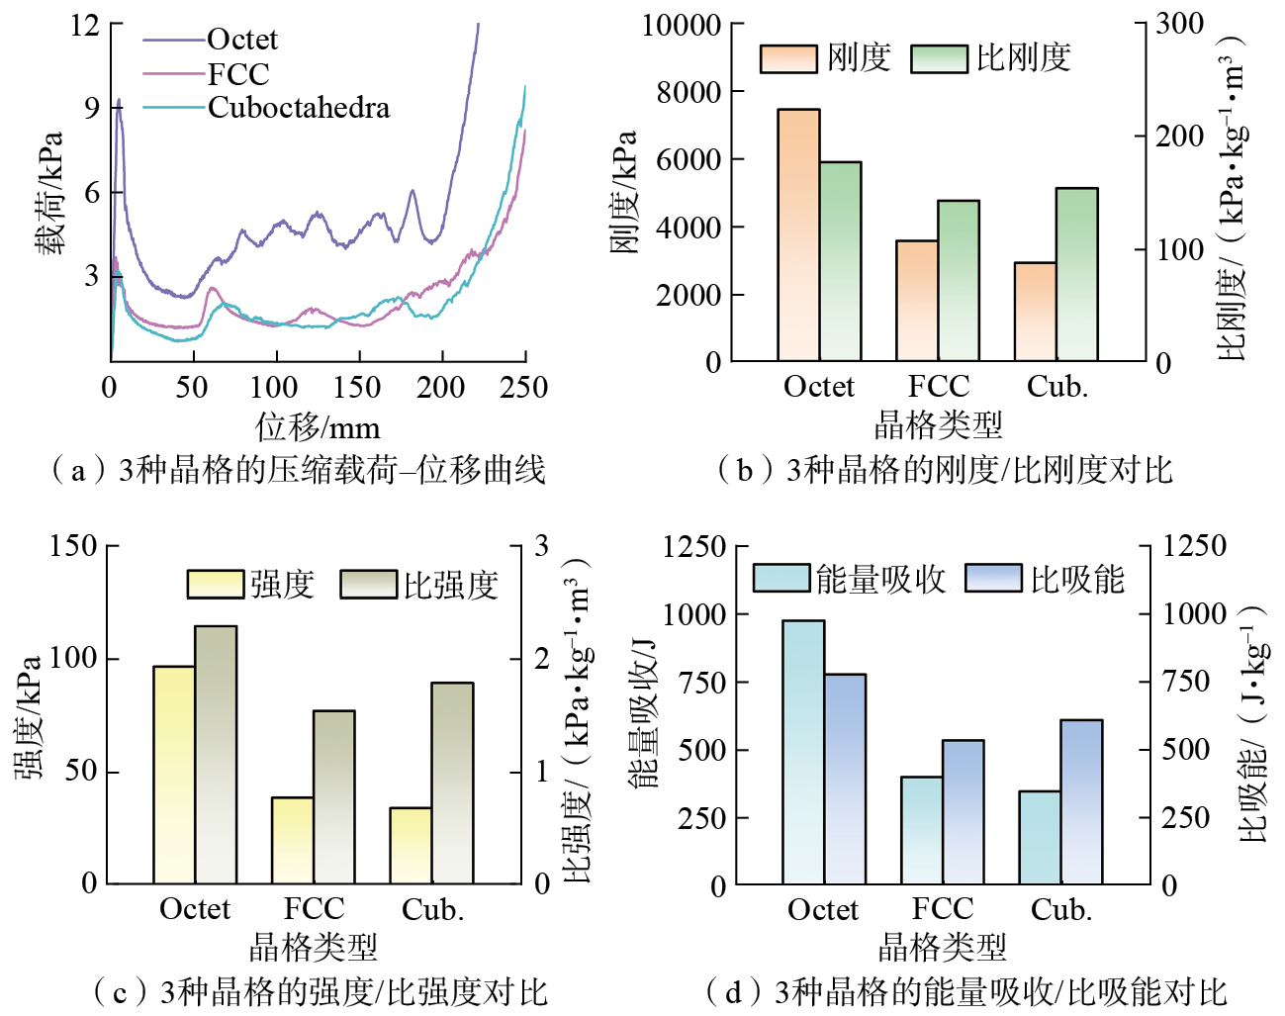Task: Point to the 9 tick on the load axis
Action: pyautogui.click(x=91, y=107)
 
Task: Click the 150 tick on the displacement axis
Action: pyautogui.click(x=357, y=387)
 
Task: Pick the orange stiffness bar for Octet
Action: pyautogui.click(x=798, y=234)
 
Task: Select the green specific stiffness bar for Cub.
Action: pyautogui.click(x=1076, y=274)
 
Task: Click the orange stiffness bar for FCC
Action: pyautogui.click(x=917, y=300)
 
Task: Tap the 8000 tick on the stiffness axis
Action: pyautogui.click(x=688, y=92)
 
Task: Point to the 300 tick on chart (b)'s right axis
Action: pyautogui.click(x=1179, y=24)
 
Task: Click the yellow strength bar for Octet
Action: pyautogui.click(x=174, y=774)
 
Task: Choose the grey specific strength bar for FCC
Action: pyautogui.click(x=333, y=796)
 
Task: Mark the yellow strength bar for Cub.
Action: pyautogui.click(x=411, y=845)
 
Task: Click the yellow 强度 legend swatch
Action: pyautogui.click(x=216, y=584)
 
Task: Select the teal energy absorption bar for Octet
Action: pyautogui.click(x=803, y=752)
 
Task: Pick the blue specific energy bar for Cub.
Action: pyautogui.click(x=1081, y=801)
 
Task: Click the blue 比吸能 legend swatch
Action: pyautogui.click(x=992, y=578)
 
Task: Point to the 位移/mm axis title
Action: pyautogui.click(x=318, y=427)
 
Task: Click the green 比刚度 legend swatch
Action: pyautogui.click(x=939, y=58)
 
